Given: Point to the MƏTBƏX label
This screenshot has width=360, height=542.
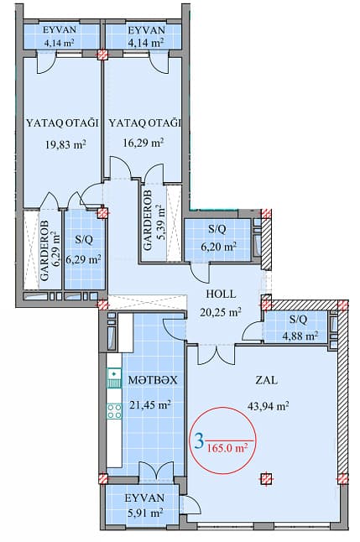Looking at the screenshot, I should (152, 380).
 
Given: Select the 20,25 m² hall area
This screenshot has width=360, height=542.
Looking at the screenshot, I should (221, 312).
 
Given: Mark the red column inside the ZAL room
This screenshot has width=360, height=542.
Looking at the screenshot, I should (267, 479).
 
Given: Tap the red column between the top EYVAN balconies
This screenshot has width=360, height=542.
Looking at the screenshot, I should (102, 55).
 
